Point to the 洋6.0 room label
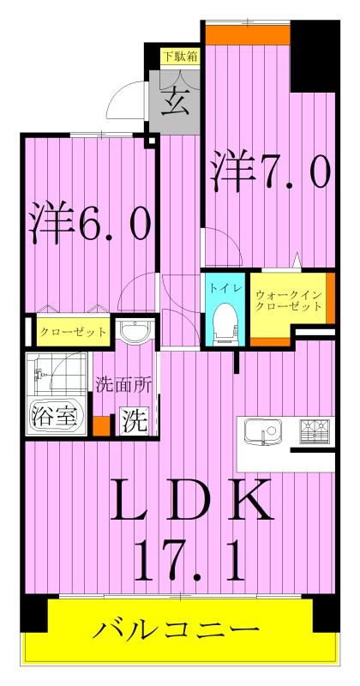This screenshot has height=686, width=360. point(91,221)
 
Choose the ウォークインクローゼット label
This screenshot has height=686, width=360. point(288,302)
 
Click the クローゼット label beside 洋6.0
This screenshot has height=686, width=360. point(72,331)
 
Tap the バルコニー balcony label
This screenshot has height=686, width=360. point(177,633)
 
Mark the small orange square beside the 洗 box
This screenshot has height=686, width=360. point(103,424)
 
